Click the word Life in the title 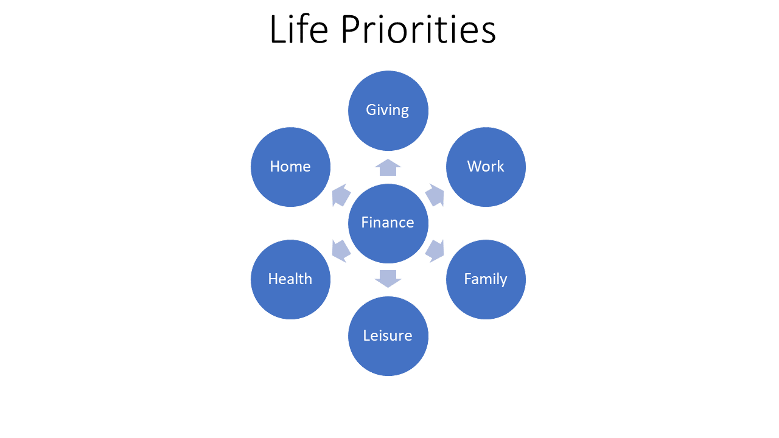click(299, 29)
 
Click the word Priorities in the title click(418, 29)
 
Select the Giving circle click(388, 111)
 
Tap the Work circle click(486, 167)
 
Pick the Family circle click(486, 279)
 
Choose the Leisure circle click(388, 336)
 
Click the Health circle click(290, 279)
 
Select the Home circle click(290, 167)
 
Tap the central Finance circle click(388, 223)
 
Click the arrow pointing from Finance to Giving click(388, 167)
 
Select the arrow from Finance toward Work click(435, 195)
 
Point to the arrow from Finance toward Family click(435, 251)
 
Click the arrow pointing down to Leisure click(388, 279)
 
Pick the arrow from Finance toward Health click(341, 251)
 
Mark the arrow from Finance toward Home click(341, 195)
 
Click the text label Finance click(388, 223)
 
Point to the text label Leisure click(388, 335)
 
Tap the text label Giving click(388, 111)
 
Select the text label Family click(486, 279)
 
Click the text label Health click(290, 279)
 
